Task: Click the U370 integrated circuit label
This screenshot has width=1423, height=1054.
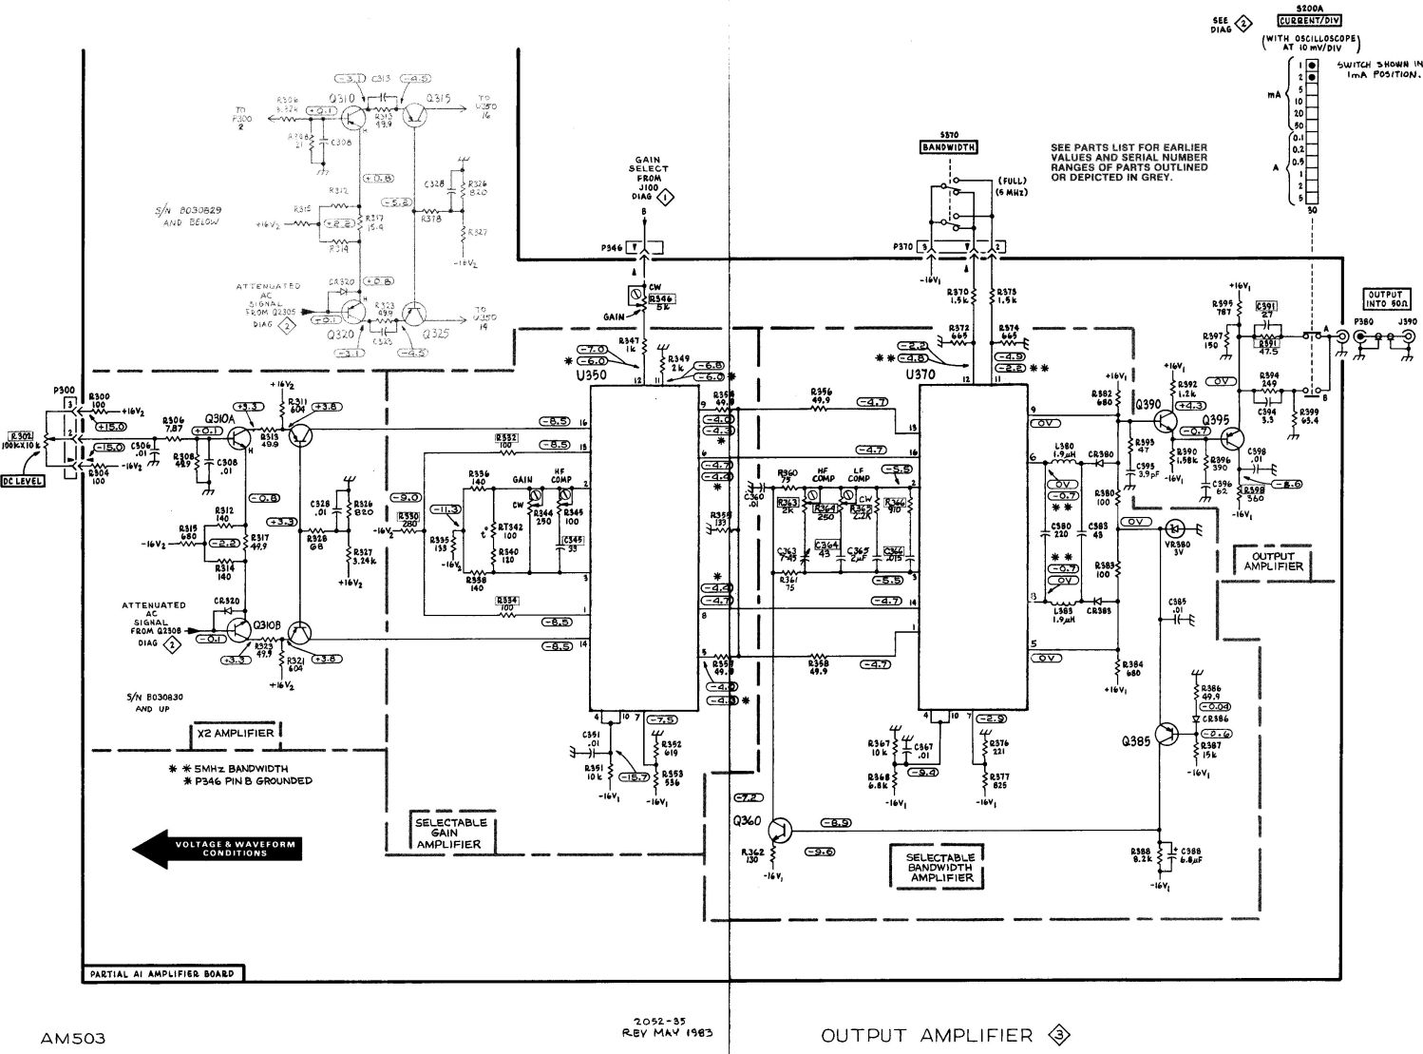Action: pyautogui.click(x=921, y=375)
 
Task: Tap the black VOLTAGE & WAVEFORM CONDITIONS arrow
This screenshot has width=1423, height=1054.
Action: pyautogui.click(x=218, y=849)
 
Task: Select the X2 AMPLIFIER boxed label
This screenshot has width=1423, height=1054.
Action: pyautogui.click(x=236, y=733)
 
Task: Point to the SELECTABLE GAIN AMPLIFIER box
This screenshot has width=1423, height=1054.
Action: pyautogui.click(x=451, y=833)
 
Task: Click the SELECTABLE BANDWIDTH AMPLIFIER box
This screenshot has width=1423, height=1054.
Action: pyautogui.click(x=940, y=867)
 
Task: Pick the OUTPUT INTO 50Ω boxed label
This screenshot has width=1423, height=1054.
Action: pyautogui.click(x=1389, y=299)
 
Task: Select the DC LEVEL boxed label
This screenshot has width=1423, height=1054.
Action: pyautogui.click(x=22, y=481)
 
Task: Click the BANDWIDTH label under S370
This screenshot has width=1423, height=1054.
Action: pyautogui.click(x=949, y=147)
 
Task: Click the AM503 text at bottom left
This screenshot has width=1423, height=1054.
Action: pyautogui.click(x=73, y=1038)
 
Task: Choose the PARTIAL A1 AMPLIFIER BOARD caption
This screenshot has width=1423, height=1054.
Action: pyautogui.click(x=161, y=974)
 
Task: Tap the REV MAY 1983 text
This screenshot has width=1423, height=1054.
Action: pyautogui.click(x=667, y=1032)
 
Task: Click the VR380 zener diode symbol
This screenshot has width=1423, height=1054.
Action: pyautogui.click(x=1174, y=527)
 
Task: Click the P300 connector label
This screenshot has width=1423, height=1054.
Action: pyautogui.click(x=67, y=391)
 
